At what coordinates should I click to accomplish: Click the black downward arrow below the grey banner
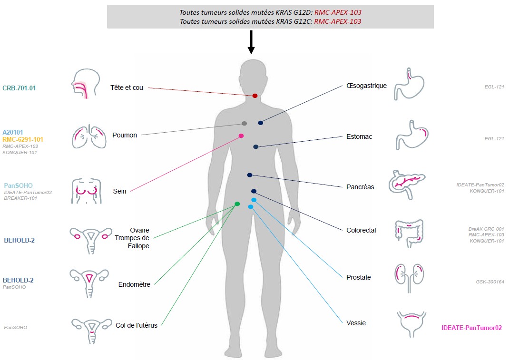pos(251,42)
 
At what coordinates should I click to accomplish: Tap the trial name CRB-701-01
pos(19,88)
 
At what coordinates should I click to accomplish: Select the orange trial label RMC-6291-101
pos(23,139)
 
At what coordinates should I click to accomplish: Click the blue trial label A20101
pos(13,132)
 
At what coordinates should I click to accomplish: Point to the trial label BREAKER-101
pos(20,198)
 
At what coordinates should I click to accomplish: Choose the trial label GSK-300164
pos(490,282)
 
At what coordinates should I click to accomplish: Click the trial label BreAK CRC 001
pos(486,229)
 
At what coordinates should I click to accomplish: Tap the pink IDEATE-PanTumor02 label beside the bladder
pos(471,328)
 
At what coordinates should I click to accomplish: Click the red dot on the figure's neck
pos(255,96)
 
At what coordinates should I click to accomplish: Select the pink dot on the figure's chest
pos(241,136)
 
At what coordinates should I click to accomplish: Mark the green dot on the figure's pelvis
pos(237,204)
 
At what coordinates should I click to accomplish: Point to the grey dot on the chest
pos(244,123)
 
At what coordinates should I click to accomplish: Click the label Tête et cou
pos(127,88)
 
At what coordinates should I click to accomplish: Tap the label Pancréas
pos(360,187)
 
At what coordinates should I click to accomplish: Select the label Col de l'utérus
pos(137,325)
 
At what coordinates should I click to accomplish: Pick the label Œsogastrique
pos(366,86)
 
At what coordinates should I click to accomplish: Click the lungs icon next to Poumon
pos(89,136)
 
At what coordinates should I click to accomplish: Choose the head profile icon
pos(85,83)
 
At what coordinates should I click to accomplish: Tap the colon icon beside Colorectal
pos(410,234)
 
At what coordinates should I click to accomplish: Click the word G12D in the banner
pos(303,12)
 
